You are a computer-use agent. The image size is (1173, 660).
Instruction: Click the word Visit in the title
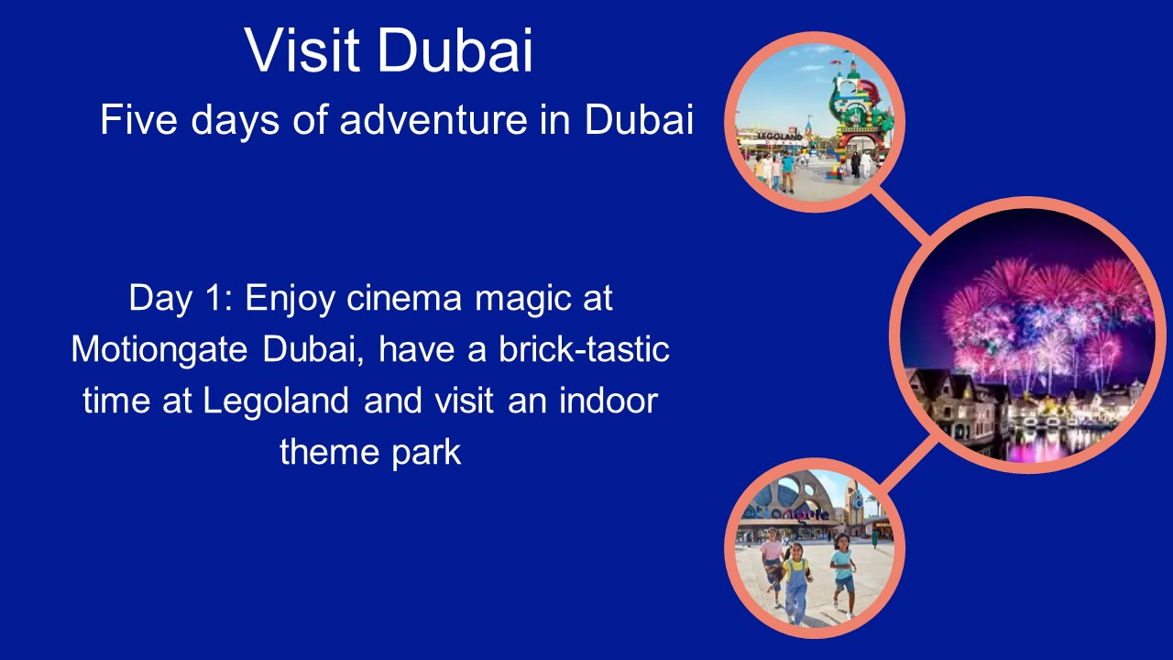click(x=301, y=51)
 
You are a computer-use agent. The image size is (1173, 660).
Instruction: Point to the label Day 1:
click(x=181, y=299)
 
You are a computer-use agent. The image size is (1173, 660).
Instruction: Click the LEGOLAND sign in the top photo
click(x=778, y=137)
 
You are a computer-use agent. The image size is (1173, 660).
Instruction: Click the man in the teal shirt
click(x=787, y=170)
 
